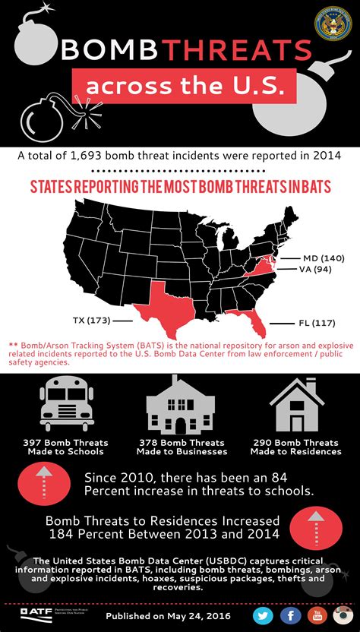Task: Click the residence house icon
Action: [297, 403]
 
